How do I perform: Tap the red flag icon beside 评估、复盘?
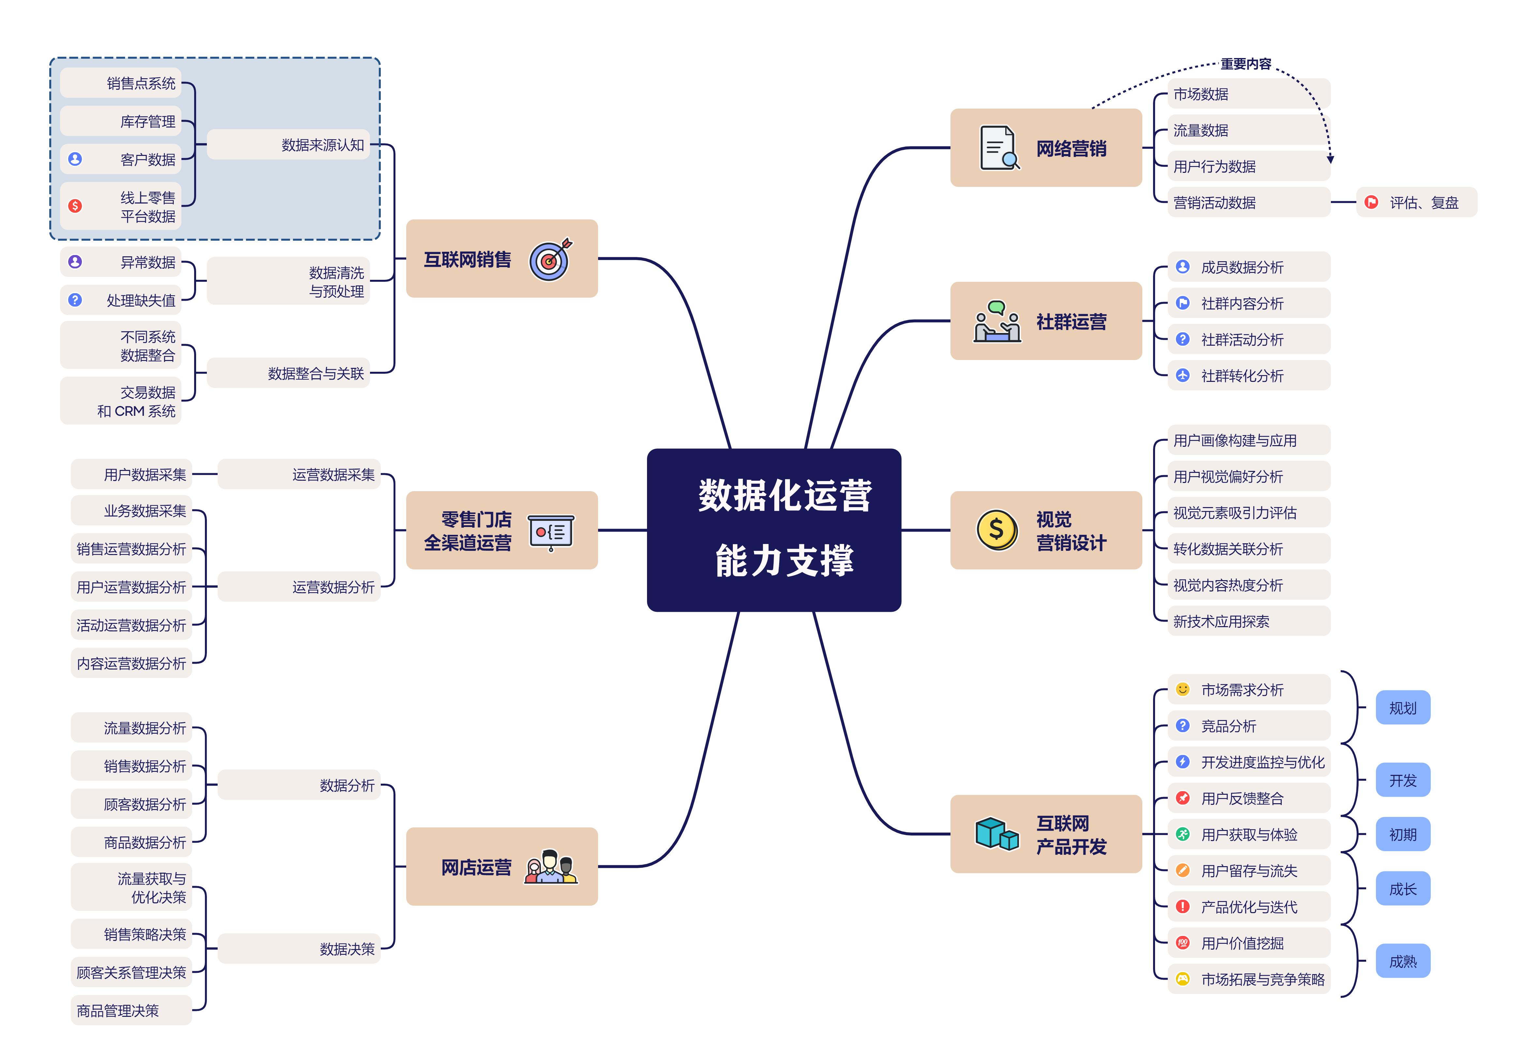1371,202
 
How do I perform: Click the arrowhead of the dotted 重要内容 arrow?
1330,159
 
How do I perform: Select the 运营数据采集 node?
299,474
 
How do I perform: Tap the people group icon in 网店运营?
551,867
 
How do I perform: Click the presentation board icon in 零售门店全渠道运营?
551,532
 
